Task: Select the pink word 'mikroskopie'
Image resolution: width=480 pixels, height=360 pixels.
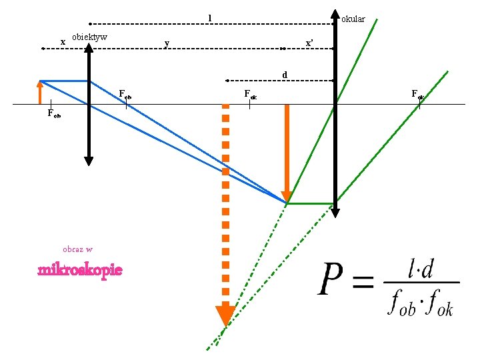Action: [x=80, y=270]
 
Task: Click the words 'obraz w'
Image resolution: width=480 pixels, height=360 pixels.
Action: [x=77, y=249]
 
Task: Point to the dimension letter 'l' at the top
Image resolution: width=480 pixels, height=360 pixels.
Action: [x=209, y=17]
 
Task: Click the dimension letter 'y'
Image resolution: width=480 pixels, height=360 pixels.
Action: [x=167, y=44]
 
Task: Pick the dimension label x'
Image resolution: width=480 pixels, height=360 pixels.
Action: [x=309, y=43]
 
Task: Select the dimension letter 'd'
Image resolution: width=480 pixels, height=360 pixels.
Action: [x=285, y=75]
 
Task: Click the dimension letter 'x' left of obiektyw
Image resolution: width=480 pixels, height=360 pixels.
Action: [x=63, y=42]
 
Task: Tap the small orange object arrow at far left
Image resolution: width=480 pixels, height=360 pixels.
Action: [x=41, y=92]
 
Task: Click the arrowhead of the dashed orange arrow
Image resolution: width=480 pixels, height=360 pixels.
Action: [x=225, y=315]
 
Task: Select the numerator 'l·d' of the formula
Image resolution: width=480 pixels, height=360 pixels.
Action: [x=421, y=269]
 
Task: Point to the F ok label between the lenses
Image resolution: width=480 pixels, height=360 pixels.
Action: [x=250, y=95]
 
